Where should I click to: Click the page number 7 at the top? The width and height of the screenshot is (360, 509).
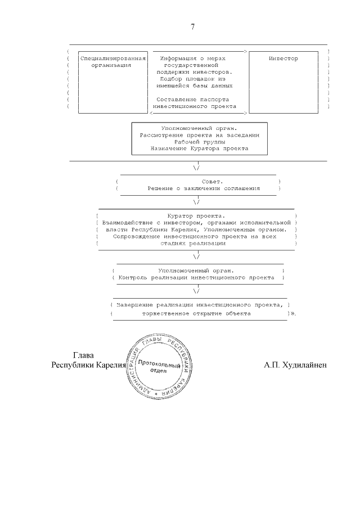coord(192,26)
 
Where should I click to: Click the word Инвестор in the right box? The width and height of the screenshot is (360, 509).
coord(283,58)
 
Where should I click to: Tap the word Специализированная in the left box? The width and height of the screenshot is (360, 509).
coord(113,58)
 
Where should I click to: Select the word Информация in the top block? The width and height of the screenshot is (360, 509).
coord(178,58)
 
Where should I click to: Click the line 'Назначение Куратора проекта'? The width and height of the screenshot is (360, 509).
coord(199,149)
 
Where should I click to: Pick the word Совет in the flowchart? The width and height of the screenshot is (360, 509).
coord(197,182)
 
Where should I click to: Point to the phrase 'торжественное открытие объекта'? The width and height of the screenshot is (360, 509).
coord(196,313)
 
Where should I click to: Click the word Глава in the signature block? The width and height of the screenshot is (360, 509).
coord(84,355)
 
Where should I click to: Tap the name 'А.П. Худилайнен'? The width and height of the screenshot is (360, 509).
coord(295,365)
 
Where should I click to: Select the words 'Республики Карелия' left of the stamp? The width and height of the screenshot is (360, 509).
coord(88,365)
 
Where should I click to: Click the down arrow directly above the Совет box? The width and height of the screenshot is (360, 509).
coord(196,168)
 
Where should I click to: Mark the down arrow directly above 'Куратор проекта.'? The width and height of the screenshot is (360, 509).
coord(196,202)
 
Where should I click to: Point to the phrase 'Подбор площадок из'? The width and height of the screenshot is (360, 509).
coord(196,79)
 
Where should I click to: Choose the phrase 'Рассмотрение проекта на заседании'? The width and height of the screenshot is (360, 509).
coord(199,136)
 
